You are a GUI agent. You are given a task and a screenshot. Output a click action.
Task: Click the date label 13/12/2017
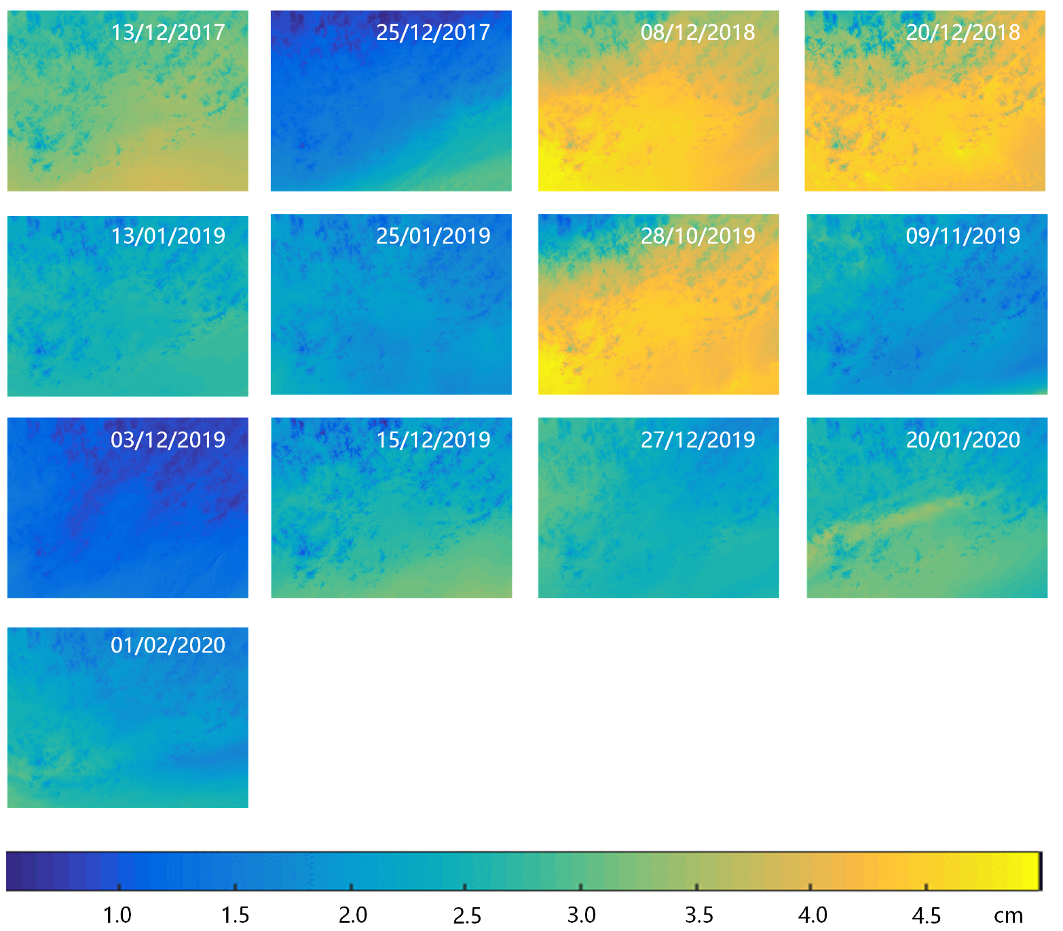168,32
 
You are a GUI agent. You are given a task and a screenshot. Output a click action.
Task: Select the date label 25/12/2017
433,32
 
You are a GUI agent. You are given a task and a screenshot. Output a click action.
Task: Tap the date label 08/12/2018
698,32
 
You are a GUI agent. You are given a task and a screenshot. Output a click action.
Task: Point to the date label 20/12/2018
963,32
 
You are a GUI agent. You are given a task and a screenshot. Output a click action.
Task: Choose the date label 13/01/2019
168,236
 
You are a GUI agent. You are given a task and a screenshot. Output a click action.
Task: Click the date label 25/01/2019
433,236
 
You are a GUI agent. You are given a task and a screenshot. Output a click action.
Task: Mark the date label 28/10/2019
698,236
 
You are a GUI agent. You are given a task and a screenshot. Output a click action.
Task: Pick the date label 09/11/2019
963,236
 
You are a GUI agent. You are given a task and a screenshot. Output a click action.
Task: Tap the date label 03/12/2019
168,439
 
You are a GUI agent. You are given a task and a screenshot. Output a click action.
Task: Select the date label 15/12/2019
433,439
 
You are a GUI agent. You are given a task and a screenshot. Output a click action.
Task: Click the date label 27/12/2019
698,439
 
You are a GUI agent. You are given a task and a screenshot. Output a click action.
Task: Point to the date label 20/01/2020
963,439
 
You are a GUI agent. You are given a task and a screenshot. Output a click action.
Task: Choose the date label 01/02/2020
168,644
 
